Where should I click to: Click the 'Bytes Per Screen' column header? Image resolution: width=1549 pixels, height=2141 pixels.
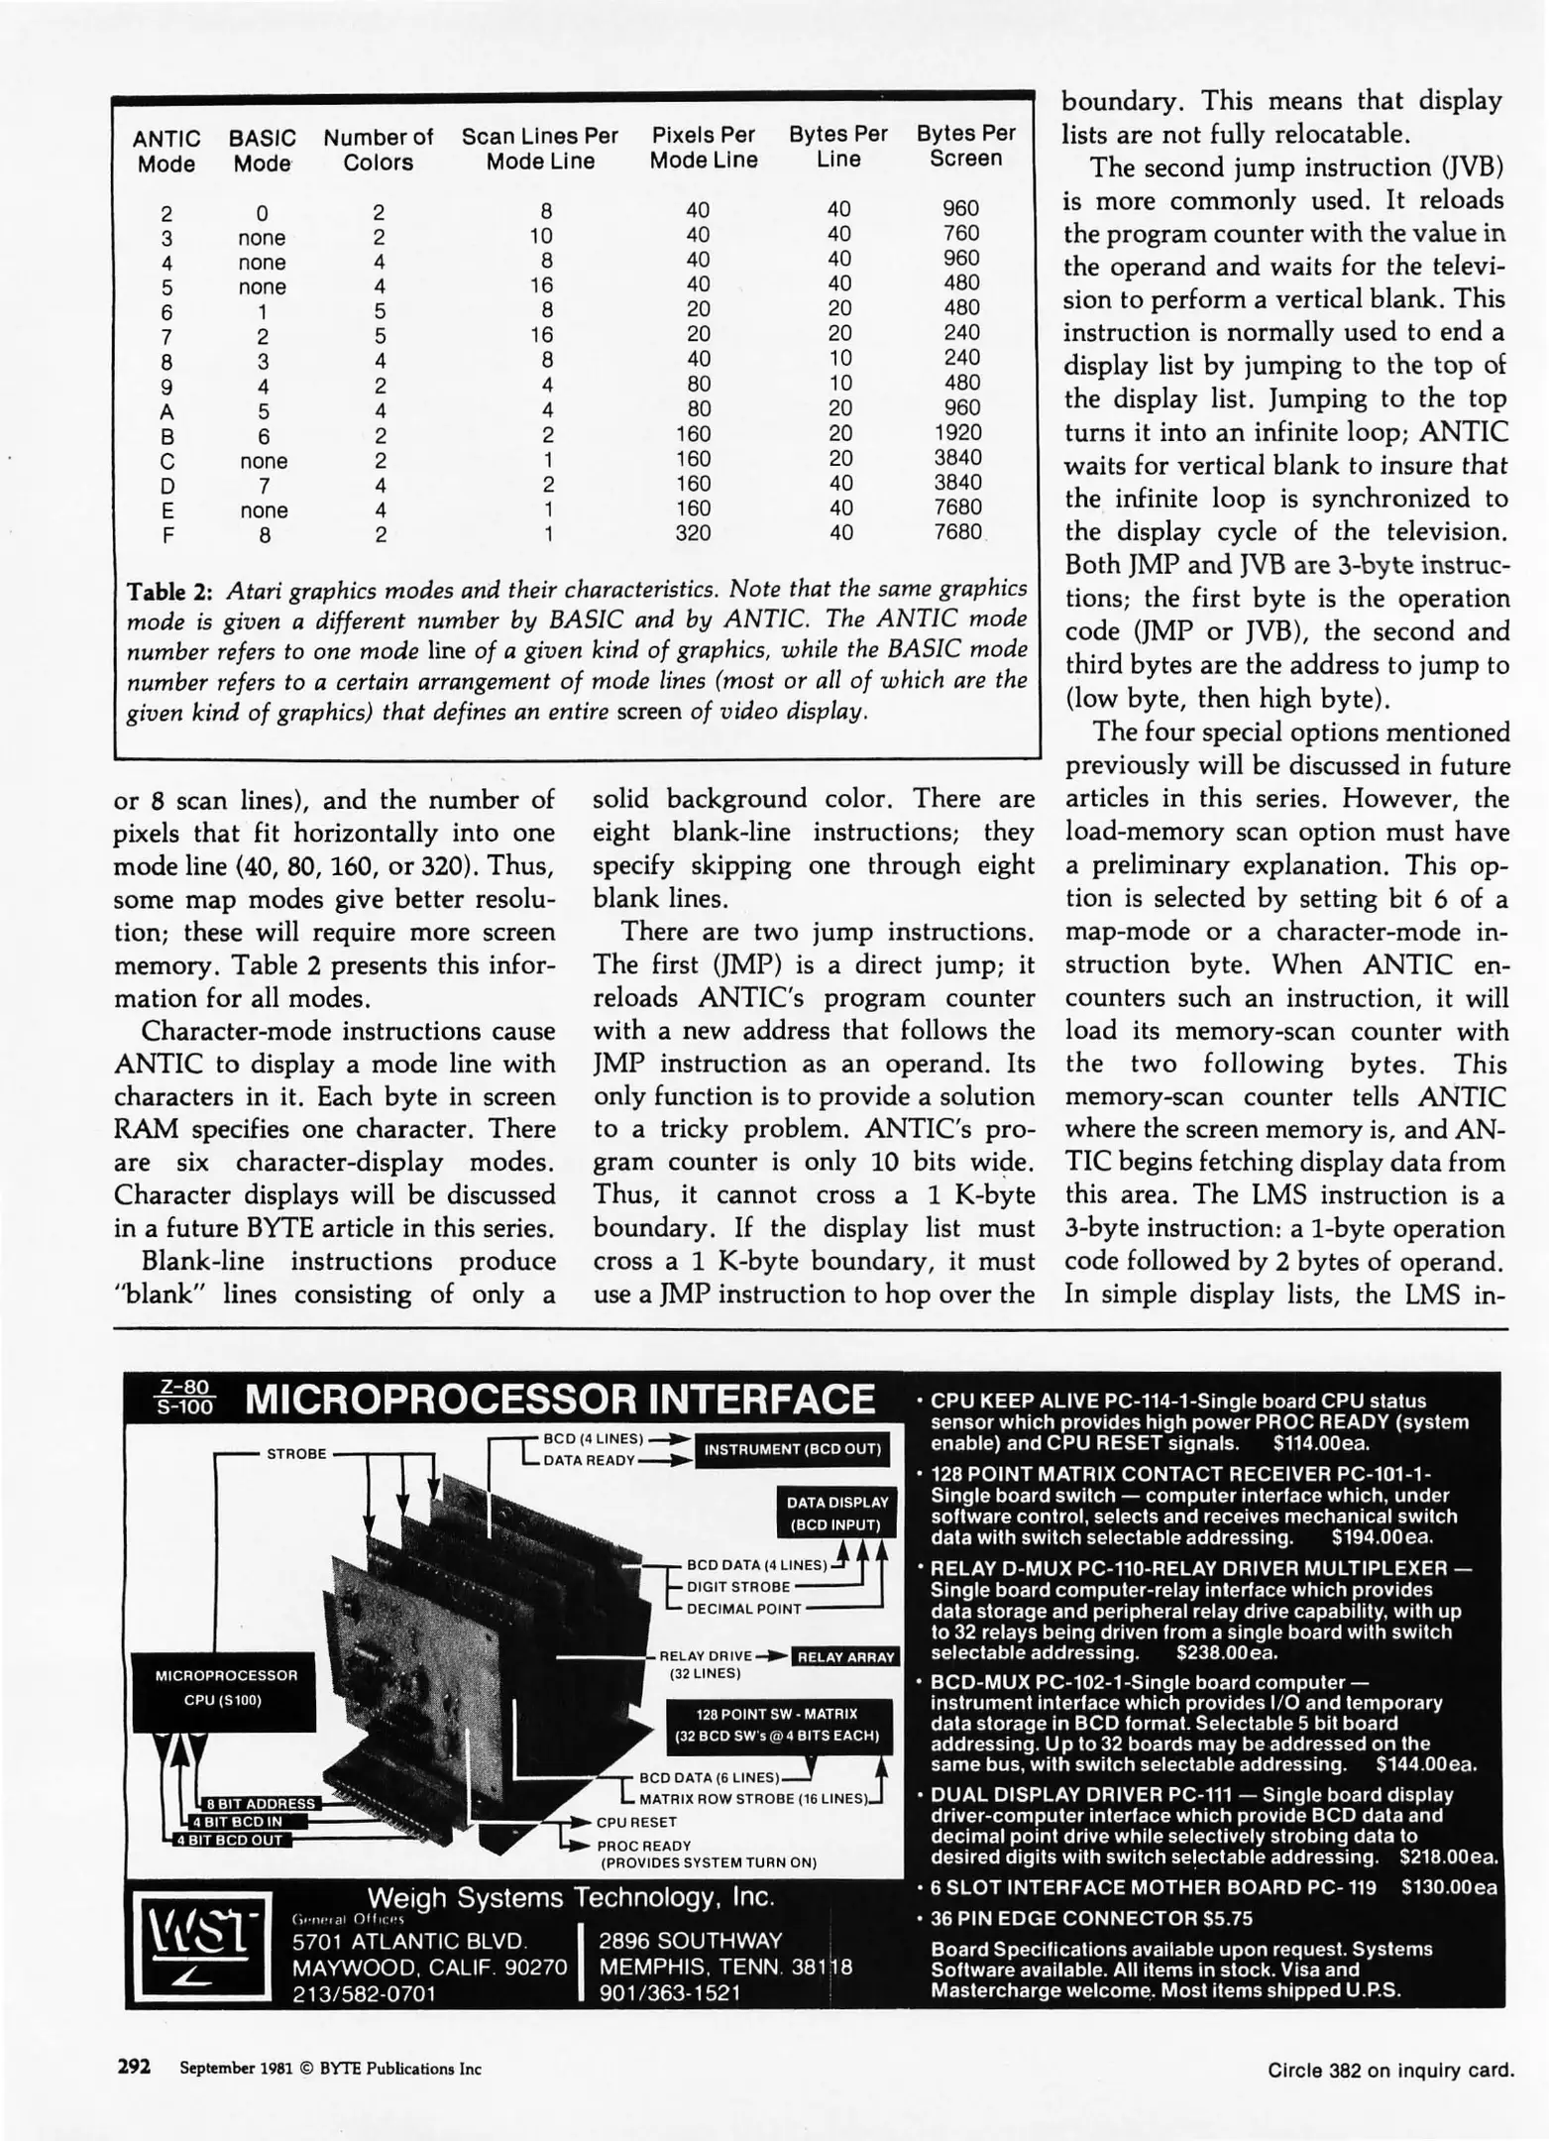(x=965, y=146)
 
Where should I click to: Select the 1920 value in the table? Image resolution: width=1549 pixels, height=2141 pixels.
(x=957, y=433)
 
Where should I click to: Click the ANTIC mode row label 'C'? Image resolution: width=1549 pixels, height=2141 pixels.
(x=167, y=462)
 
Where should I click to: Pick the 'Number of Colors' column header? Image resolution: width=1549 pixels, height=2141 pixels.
(x=378, y=150)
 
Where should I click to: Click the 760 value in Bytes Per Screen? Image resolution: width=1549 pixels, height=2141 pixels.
(x=960, y=234)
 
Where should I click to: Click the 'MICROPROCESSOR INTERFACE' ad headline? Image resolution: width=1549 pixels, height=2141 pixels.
(x=559, y=1400)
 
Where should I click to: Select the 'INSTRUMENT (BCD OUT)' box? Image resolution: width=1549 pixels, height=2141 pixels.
(x=792, y=1449)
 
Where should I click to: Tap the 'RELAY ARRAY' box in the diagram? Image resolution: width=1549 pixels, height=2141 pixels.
(x=845, y=1656)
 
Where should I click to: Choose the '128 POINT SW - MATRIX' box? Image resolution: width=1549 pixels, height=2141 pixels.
(x=776, y=1724)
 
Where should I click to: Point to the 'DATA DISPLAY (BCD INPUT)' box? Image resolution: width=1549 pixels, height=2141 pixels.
(x=837, y=1513)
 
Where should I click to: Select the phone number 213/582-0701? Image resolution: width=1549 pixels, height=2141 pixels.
(x=364, y=1993)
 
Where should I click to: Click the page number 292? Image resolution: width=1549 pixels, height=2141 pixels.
(x=134, y=2068)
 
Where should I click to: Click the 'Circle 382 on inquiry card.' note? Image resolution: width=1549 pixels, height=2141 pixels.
(x=1390, y=2070)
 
